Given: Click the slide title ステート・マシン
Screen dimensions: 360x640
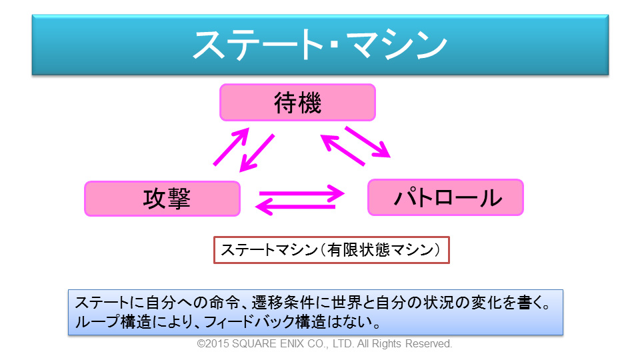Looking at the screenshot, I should (319, 45).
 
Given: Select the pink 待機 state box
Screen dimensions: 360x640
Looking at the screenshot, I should (298, 103).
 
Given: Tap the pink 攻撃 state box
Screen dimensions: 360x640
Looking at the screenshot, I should (162, 199).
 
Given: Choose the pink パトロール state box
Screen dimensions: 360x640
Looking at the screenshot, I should (445, 197).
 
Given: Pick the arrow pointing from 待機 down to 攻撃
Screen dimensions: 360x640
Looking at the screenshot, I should (257, 152).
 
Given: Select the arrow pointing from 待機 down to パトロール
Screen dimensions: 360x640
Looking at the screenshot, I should (367, 142).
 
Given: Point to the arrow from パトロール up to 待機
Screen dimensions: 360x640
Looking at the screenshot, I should (343, 149).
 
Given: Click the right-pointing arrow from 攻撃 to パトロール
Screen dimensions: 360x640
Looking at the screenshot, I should (301, 194).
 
